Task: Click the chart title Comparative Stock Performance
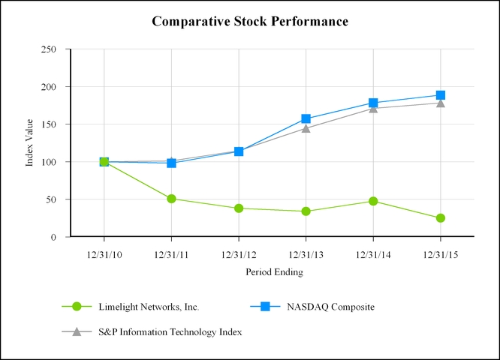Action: pyautogui.click(x=250, y=21)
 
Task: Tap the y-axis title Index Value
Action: pyautogui.click(x=29, y=142)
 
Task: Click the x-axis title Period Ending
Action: pyautogui.click(x=274, y=272)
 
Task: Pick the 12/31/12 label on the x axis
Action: pyautogui.click(x=238, y=254)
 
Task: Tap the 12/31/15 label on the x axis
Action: pyautogui.click(x=440, y=254)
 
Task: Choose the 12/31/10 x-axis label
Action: pyautogui.click(x=104, y=254)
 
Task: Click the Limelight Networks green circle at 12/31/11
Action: pyautogui.click(x=171, y=199)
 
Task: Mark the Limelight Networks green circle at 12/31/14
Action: pyautogui.click(x=373, y=201)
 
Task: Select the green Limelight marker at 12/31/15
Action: pyautogui.click(x=440, y=218)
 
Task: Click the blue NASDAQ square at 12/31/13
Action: pyautogui.click(x=306, y=118)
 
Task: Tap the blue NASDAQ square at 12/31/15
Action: pyautogui.click(x=440, y=95)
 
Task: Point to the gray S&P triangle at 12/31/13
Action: pyautogui.click(x=306, y=128)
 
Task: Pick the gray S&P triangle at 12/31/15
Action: pyautogui.click(x=440, y=103)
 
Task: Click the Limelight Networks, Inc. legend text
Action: pyautogui.click(x=149, y=306)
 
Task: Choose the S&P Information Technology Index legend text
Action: pyautogui.click(x=170, y=331)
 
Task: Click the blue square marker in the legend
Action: pyautogui.click(x=265, y=306)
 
